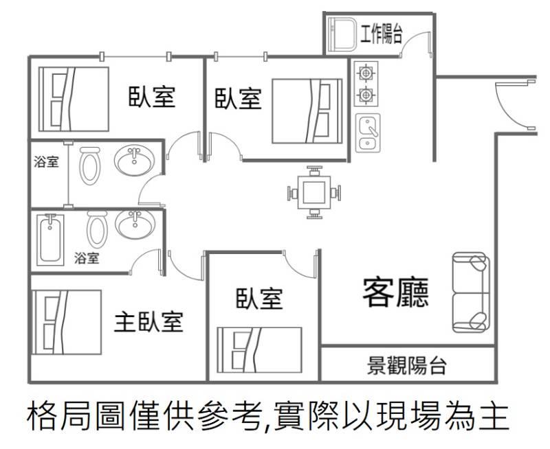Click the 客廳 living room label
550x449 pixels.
(395, 293)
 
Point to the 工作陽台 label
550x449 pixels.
(381, 34)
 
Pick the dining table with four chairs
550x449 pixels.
(313, 190)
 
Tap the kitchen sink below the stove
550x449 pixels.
(367, 133)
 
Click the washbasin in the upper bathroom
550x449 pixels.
(133, 162)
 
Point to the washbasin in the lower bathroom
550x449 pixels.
(133, 224)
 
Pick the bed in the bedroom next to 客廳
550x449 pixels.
(260, 350)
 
